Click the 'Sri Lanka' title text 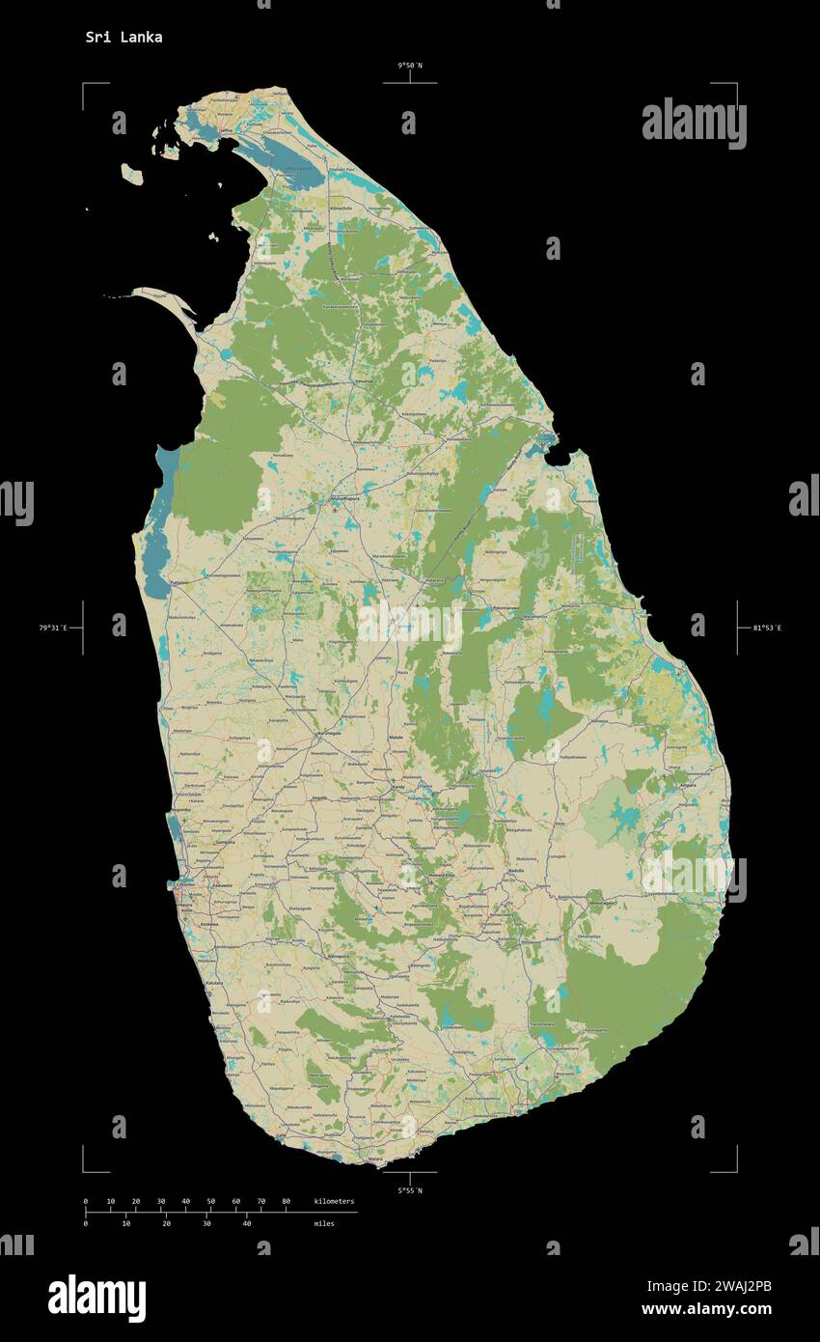click(123, 38)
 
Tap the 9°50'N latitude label click(410, 66)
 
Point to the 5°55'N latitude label click(410, 1190)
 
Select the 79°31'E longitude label click(53, 629)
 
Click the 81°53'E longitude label click(767, 629)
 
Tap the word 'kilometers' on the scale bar click(334, 1201)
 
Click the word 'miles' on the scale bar click(324, 1223)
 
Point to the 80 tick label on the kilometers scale click(286, 1201)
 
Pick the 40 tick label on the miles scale click(247, 1223)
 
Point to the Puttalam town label click(179, 584)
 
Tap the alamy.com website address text click(706, 1309)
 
